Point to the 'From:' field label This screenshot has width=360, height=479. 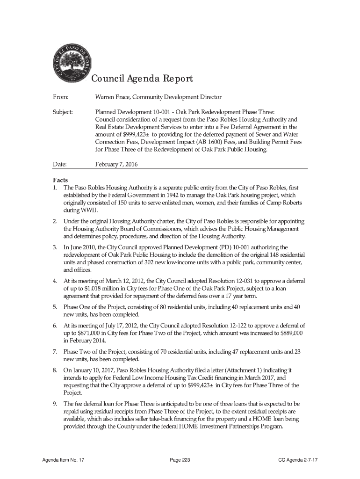pyautogui.click(x=59, y=97)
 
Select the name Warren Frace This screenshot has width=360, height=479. pyautogui.click(x=113, y=97)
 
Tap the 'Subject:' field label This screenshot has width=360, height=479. pyautogui.click(x=62, y=112)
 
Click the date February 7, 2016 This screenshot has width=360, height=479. pyautogui.click(x=116, y=164)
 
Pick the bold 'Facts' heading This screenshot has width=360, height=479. pyautogui.click(x=60, y=181)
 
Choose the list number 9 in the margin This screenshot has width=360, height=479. pyautogui.click(x=54, y=403)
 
